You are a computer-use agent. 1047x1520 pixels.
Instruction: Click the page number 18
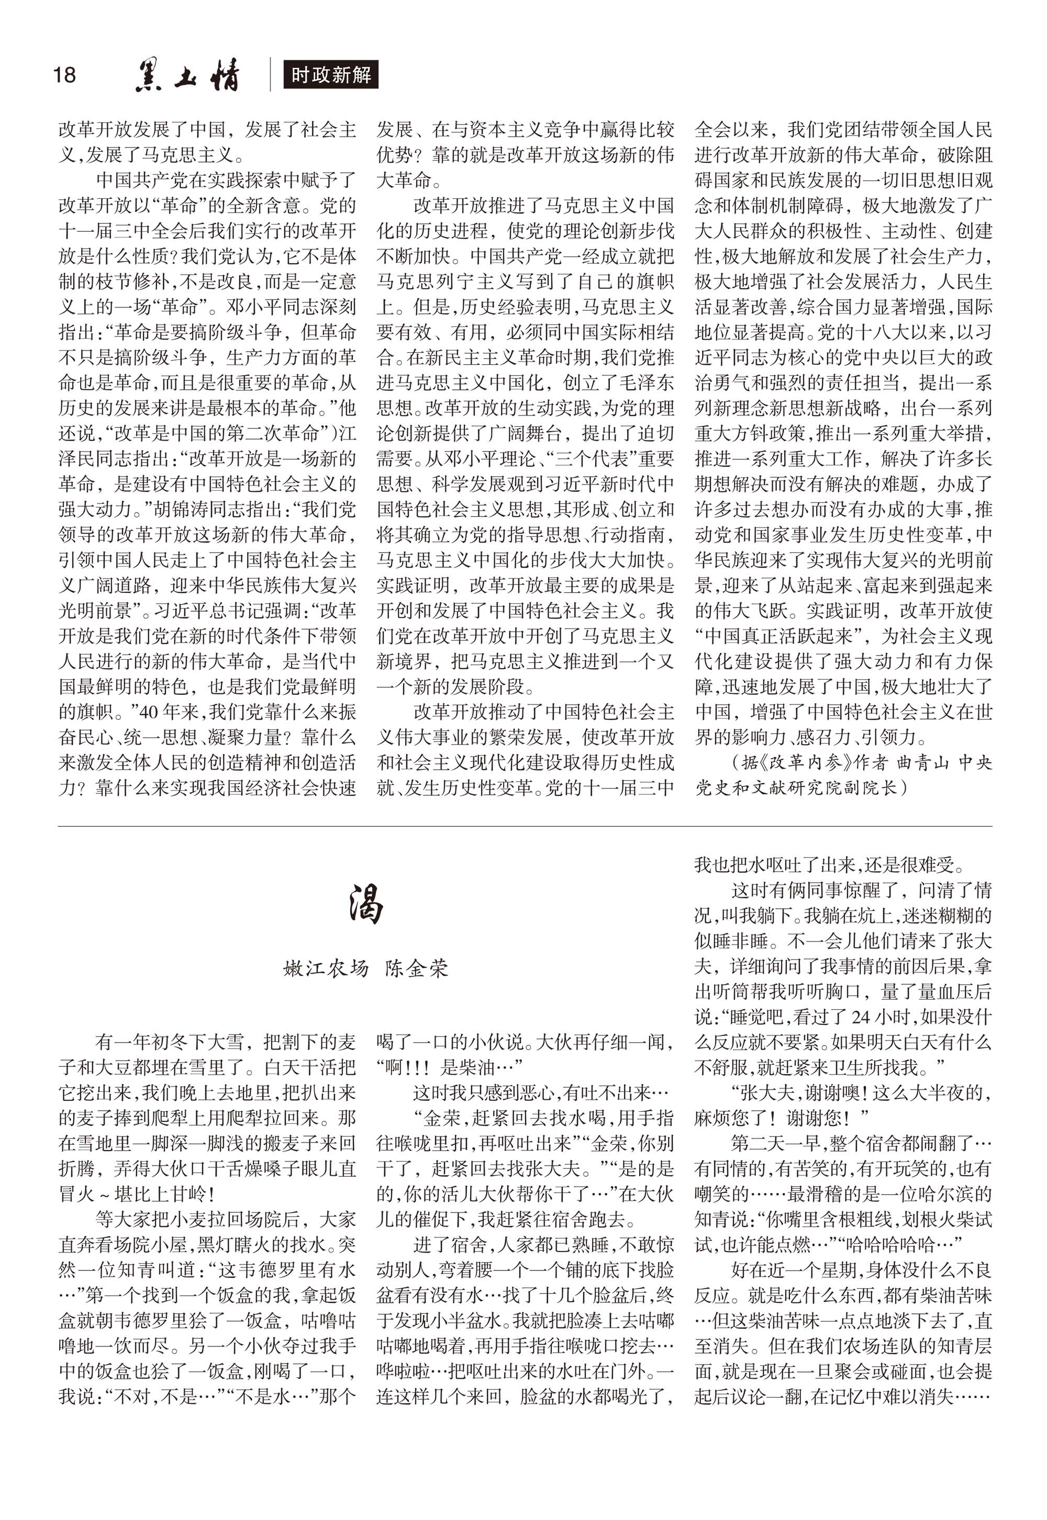pyautogui.click(x=64, y=75)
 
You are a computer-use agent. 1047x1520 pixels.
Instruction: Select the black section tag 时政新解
pyautogui.click(x=331, y=75)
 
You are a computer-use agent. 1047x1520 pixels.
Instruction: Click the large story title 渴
pyautogui.click(x=365, y=904)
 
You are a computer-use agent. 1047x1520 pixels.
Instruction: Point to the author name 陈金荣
pyautogui.click(x=417, y=969)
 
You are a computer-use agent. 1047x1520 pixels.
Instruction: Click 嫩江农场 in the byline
pyautogui.click(x=326, y=969)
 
